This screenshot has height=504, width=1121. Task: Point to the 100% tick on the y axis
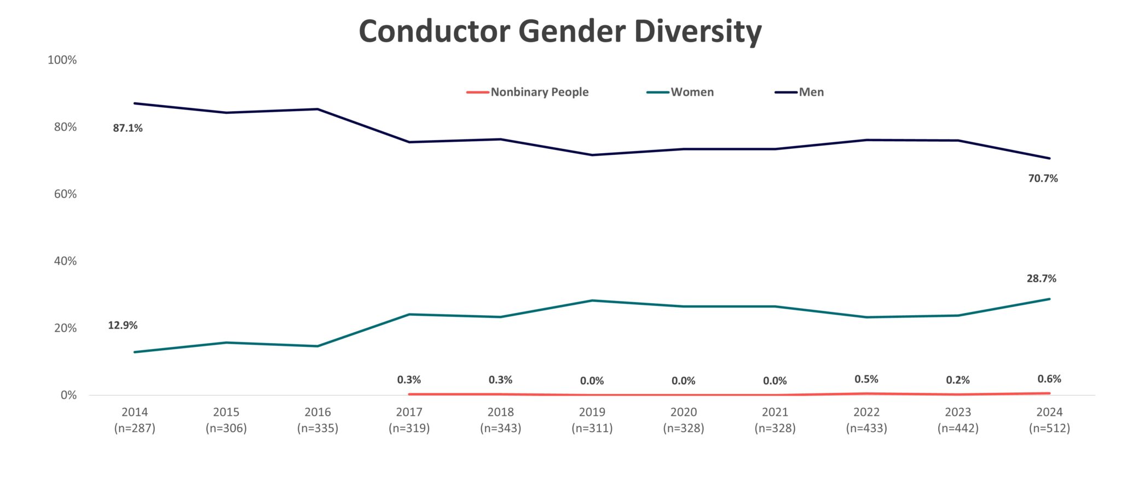tap(62, 60)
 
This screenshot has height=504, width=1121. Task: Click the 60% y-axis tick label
tap(65, 194)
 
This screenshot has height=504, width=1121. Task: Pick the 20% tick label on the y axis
tap(65, 328)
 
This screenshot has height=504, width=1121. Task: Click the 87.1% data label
tap(128, 128)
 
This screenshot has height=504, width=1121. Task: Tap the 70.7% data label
tap(1043, 178)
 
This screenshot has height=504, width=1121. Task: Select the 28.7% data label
tap(1041, 279)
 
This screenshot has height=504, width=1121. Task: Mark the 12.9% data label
tap(123, 326)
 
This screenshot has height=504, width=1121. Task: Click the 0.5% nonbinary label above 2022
tap(866, 379)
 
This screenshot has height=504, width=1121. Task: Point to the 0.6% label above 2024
tap(1049, 379)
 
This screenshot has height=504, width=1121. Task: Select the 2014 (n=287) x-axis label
tap(135, 420)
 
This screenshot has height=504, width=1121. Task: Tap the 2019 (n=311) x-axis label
tap(592, 420)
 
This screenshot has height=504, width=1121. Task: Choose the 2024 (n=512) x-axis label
tap(1049, 420)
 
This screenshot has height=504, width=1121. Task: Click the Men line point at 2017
tap(409, 142)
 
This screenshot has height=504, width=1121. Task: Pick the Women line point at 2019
tap(592, 300)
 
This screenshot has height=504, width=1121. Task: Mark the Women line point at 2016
tap(317, 346)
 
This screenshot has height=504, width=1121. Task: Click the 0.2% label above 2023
tap(957, 380)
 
